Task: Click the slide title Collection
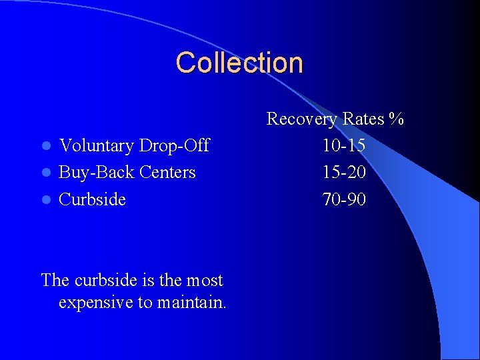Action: (239, 63)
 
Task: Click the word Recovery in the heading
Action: (302, 119)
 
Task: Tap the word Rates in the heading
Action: (363, 119)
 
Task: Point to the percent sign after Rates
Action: (397, 119)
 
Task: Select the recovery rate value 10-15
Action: (344, 145)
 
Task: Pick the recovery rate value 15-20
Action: (344, 172)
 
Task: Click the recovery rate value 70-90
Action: (344, 199)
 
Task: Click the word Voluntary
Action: (95, 145)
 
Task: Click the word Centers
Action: (164, 172)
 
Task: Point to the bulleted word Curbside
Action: (92, 199)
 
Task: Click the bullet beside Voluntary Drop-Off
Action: (45, 146)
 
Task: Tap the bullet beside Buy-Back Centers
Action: (45, 173)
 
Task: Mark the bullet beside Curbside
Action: (45, 200)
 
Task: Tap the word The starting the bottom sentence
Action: (55, 280)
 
